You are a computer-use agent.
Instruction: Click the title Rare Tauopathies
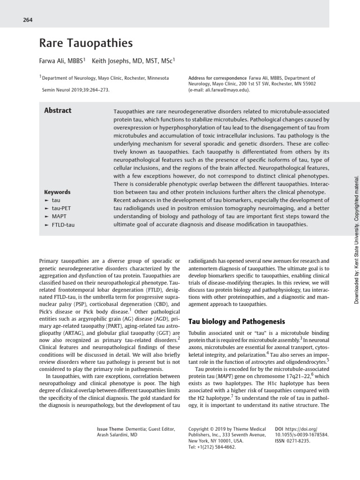(x=86, y=43)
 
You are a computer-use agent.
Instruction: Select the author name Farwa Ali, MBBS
(x=61, y=60)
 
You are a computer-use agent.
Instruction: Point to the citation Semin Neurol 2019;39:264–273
(x=76, y=89)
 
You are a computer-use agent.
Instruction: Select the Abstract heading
(x=58, y=111)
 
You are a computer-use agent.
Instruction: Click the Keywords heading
(x=57, y=192)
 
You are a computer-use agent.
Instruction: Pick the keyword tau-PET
(x=61, y=208)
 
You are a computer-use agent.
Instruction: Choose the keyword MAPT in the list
(x=60, y=217)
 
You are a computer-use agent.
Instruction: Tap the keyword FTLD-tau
(x=63, y=225)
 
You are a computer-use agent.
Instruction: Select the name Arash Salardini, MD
(x=117, y=435)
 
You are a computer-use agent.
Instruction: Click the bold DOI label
(x=279, y=429)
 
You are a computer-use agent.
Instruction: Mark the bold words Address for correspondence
(x=217, y=78)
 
